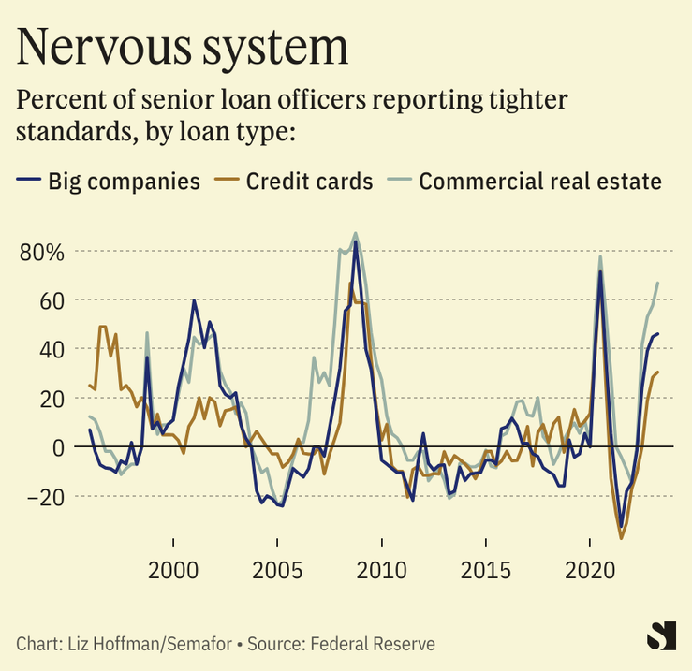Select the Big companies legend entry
tap(124, 181)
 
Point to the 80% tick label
tap(41, 252)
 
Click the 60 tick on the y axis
tap(50, 300)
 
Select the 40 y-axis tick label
tap(50, 349)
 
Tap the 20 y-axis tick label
tap(50, 398)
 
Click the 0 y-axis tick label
tap(56, 446)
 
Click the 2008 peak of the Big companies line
tap(355, 241)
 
